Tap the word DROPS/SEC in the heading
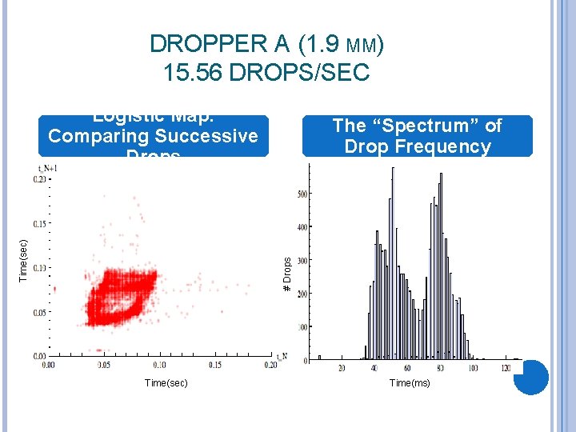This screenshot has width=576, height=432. click(x=299, y=73)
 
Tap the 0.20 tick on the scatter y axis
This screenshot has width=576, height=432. click(x=39, y=180)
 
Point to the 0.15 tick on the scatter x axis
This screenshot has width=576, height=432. click(x=214, y=364)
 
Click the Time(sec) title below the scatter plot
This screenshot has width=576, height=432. click(x=166, y=383)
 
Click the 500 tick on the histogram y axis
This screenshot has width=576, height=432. click(x=302, y=194)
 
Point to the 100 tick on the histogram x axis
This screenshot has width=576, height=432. click(x=474, y=368)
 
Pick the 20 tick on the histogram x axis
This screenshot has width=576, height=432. click(x=342, y=368)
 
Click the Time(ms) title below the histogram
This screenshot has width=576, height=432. click(x=410, y=383)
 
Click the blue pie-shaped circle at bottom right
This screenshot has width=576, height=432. click(x=530, y=377)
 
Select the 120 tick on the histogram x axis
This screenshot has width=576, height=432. click(x=506, y=368)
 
